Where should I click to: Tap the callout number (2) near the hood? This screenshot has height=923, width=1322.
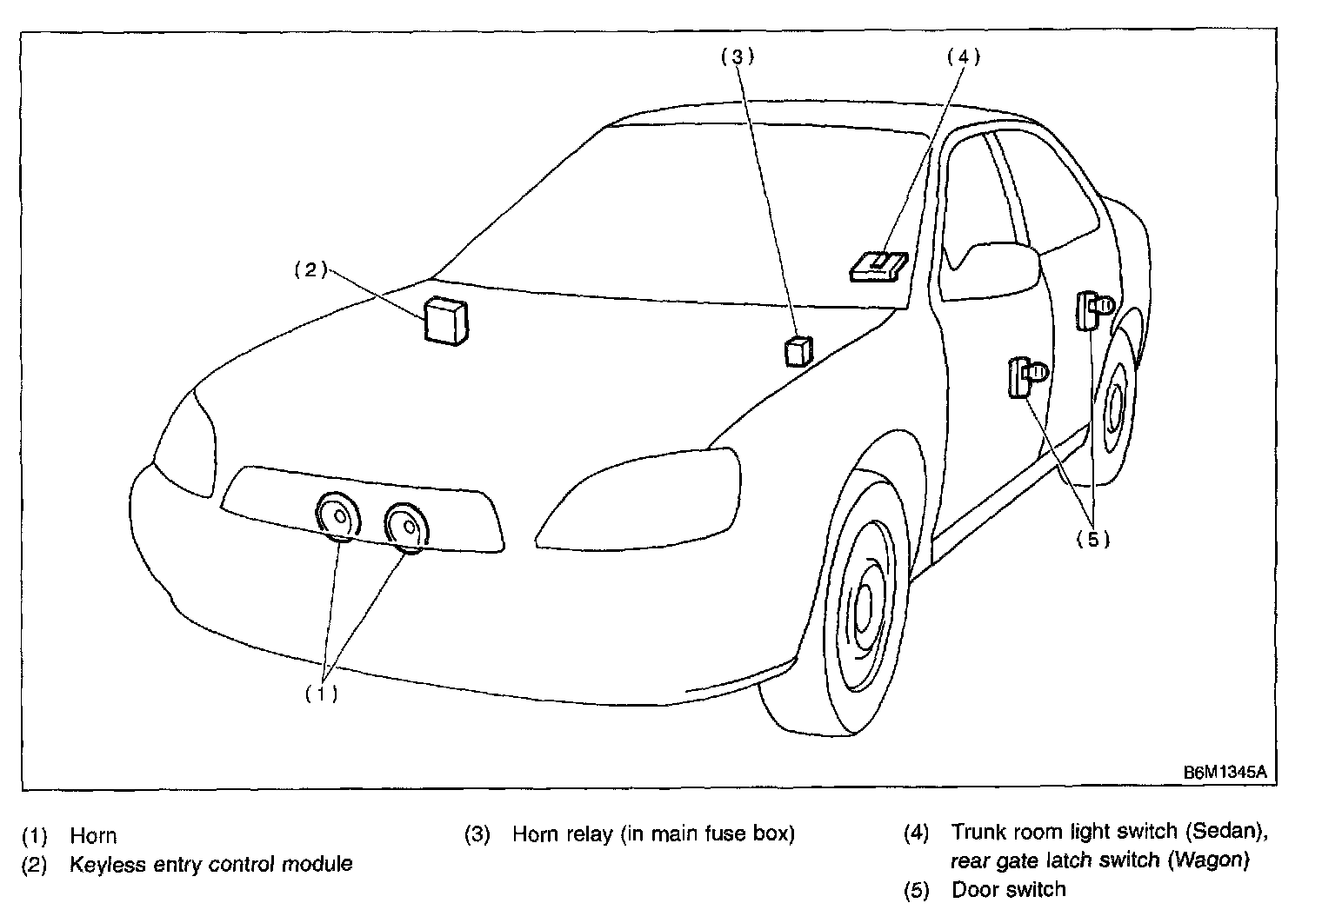310,269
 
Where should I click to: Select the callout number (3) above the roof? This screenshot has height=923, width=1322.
737,56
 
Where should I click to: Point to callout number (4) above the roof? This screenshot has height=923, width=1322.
963,56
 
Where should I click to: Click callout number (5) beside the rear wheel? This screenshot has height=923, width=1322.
1093,539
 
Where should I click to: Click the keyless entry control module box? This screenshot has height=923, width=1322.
445,321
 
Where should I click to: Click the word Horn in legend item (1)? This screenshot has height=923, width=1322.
93,836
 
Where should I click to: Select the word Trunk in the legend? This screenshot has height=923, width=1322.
978,832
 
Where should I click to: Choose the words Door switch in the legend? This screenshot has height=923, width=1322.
1008,889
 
